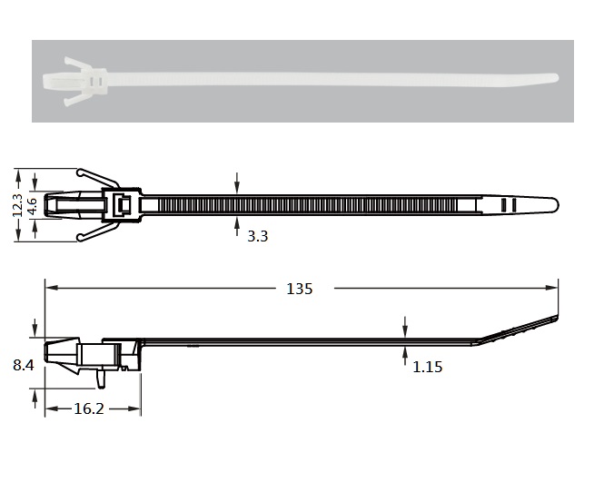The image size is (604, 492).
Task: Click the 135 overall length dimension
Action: [x=300, y=289]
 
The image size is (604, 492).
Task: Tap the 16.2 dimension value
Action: [x=89, y=408]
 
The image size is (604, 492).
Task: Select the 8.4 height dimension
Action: [x=24, y=365]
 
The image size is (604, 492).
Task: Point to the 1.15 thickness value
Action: [x=427, y=368]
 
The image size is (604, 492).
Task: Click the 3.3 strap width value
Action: [x=257, y=236]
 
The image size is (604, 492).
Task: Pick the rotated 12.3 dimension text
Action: [x=18, y=205]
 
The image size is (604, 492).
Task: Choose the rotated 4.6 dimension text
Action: [x=33, y=206]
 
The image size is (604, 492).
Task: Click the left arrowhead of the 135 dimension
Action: [x=52, y=288]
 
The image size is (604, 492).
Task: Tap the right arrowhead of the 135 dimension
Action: [x=551, y=288]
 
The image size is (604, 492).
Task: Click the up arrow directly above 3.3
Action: [x=237, y=226]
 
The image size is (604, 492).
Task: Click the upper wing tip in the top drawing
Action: [x=80, y=172]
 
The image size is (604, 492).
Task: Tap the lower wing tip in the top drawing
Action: [x=80, y=239]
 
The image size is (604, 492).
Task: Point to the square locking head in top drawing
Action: [x=122, y=205]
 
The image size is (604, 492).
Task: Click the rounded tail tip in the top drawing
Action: [x=556, y=204]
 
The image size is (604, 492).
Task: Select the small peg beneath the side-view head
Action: [x=101, y=379]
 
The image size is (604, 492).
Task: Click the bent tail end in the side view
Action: [x=556, y=320]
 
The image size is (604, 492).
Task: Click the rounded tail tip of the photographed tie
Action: [x=555, y=78]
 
